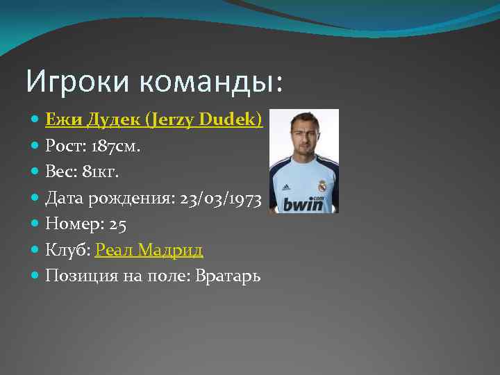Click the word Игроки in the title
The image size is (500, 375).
(x=78, y=82)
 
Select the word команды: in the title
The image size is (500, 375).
(x=211, y=82)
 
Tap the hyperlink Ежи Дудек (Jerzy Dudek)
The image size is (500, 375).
(x=153, y=120)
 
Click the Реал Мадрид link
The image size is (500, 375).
(x=149, y=249)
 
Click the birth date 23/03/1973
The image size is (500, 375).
(x=219, y=199)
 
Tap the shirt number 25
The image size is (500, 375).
(x=117, y=224)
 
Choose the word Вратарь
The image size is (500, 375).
(x=228, y=276)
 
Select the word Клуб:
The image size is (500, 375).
(x=67, y=249)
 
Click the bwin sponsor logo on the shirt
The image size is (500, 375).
(x=303, y=203)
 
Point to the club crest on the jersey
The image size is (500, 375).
(x=322, y=186)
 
